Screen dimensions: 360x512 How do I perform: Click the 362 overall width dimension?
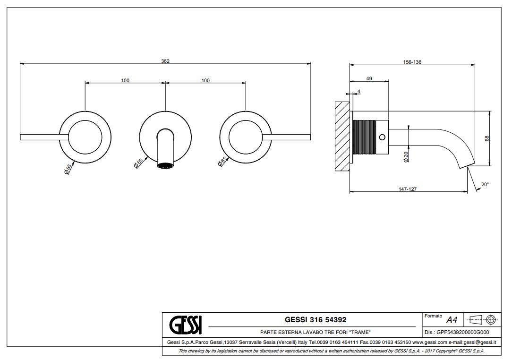coord(165,61)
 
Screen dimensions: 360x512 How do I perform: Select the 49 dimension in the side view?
coord(369,79)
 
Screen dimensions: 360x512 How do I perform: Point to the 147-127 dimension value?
coord(407,189)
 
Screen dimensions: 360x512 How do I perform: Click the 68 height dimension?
coord(487,138)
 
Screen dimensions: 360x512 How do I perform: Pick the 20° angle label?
coord(485,184)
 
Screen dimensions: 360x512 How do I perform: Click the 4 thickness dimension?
coord(359,91)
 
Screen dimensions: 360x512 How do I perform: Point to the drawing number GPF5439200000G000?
coord(460,332)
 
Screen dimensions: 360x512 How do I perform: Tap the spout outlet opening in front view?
coord(165,165)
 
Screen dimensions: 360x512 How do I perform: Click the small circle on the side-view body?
coord(383,137)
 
